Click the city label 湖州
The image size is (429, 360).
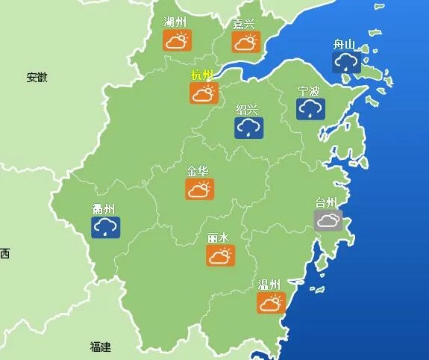175,22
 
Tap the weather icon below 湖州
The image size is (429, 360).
177,41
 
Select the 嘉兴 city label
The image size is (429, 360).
243,23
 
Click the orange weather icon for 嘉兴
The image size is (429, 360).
245,42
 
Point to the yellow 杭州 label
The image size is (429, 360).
201,74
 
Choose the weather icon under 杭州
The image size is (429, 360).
202,93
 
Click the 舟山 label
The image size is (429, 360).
344,44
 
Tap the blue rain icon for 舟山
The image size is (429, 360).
345,63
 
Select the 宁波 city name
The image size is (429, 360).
308,91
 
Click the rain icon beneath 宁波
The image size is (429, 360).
309,109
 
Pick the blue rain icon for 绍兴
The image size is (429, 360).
248,128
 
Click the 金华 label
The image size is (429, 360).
198,170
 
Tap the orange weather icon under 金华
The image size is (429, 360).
199,189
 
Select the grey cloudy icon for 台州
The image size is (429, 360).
328,220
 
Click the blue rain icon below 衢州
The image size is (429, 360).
105,227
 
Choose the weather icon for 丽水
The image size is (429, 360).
220,256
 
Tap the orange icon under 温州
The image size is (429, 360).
271,302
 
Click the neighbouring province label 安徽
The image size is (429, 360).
37,77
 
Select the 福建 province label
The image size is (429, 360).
100,347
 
